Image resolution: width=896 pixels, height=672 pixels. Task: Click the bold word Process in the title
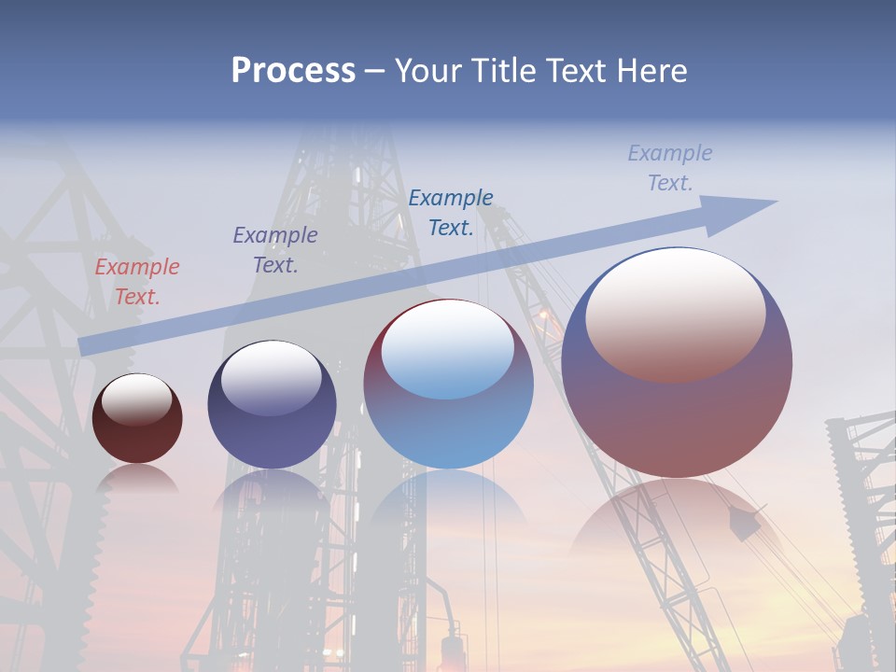293,71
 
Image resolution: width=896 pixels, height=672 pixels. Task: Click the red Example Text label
137,282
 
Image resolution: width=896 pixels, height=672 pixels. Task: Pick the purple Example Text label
275,250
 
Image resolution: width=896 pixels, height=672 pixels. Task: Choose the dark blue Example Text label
451,212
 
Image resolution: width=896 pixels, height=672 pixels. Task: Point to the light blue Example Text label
670,168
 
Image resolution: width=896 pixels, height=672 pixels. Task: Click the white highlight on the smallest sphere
136,399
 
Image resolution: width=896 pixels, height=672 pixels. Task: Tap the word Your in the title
426,71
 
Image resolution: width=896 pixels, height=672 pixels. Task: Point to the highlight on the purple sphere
271,378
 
